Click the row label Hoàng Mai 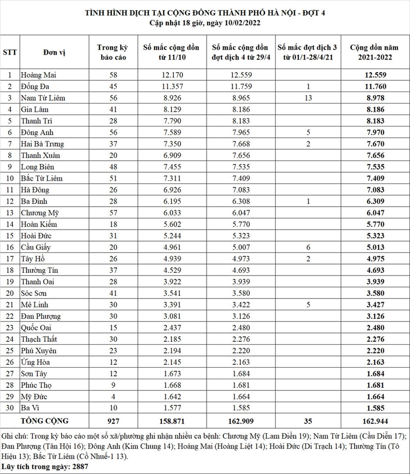click(38, 75)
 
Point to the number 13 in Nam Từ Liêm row click(308, 98)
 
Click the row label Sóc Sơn click(34, 293)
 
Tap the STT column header click(10, 52)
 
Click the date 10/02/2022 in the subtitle click(244, 22)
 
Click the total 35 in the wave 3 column click(308, 420)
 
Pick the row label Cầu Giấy click(36, 247)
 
